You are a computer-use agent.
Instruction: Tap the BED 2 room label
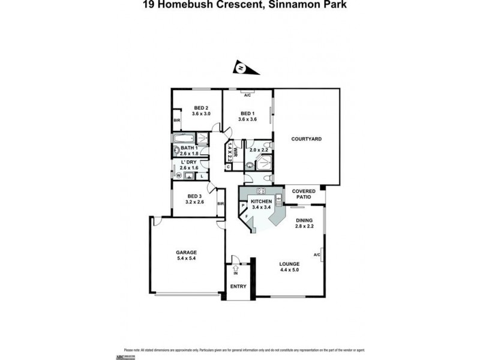tap(200, 108)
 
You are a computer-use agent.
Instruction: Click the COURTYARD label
tap(306, 139)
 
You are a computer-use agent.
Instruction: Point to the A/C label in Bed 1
tap(247, 94)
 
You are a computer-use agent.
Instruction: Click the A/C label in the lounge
tap(317, 255)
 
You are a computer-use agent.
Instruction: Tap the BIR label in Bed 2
tap(176, 121)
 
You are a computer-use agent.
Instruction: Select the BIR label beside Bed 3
tap(220, 204)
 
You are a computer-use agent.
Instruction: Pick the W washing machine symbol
tap(179, 176)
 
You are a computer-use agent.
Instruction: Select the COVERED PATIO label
tap(304, 194)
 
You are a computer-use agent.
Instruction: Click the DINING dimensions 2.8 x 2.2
tap(305, 226)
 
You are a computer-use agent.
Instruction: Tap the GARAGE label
tap(186, 252)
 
